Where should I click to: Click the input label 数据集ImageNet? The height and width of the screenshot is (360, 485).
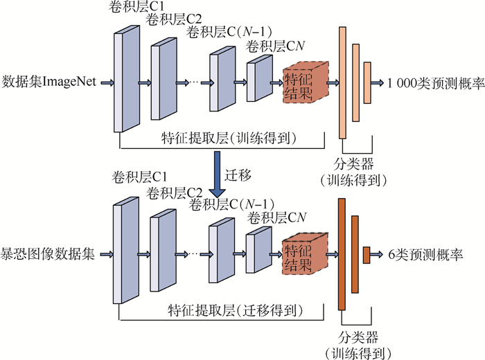coord(50,82)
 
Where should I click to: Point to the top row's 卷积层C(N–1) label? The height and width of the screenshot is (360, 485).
coord(230,33)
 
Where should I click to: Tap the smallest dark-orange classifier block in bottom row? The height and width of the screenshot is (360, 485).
coord(367,255)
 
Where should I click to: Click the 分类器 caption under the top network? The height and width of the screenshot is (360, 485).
coord(358,166)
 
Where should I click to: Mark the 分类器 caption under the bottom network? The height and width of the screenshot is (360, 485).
coord(358,339)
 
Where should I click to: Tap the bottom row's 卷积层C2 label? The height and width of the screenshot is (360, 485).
coord(175,192)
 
